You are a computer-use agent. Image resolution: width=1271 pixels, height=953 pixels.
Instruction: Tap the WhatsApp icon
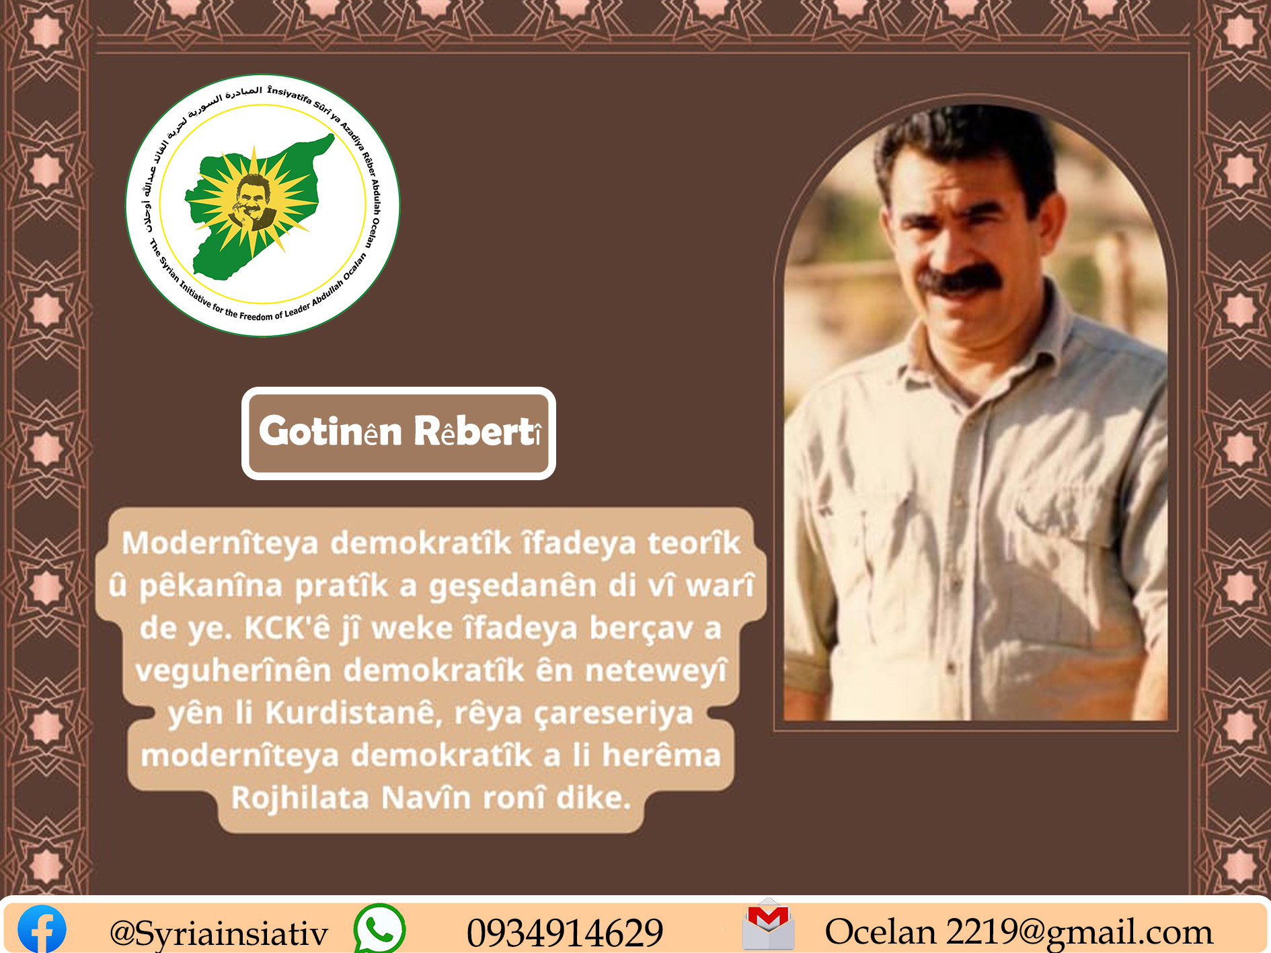pyautogui.click(x=379, y=929)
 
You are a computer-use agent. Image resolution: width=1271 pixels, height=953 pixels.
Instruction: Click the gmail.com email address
pyautogui.click(x=1019, y=932)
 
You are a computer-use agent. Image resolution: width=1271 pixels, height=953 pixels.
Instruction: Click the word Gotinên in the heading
pyautogui.click(x=331, y=431)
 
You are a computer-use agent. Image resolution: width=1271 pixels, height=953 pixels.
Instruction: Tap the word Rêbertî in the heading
pyautogui.click(x=478, y=431)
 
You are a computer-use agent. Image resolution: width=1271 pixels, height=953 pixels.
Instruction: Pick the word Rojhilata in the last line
pyautogui.click(x=301, y=798)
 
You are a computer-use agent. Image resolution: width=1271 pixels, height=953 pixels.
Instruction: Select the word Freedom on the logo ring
pyautogui.click(x=256, y=316)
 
